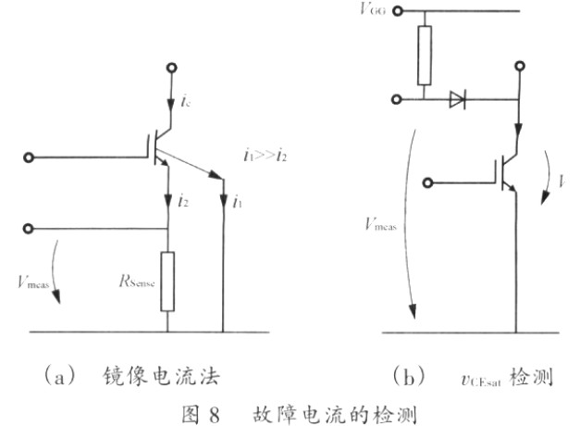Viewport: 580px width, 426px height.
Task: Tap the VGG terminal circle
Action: click(x=398, y=12)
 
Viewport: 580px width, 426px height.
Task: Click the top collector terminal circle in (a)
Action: click(x=167, y=68)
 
